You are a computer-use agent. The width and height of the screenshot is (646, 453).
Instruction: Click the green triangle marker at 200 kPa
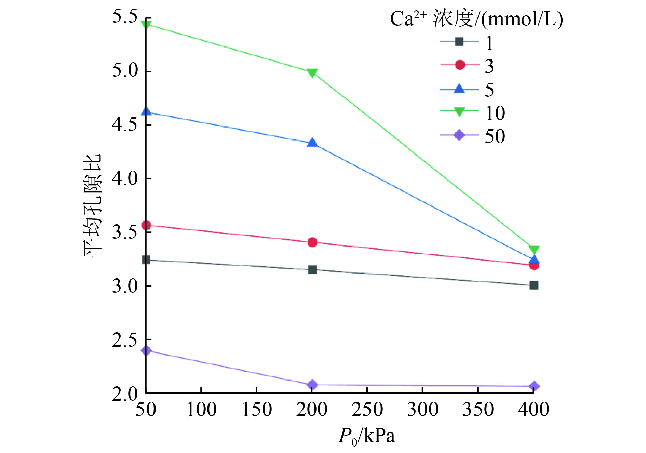pyautogui.click(x=312, y=73)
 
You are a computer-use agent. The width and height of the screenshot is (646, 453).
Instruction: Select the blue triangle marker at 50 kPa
pyautogui.click(x=146, y=111)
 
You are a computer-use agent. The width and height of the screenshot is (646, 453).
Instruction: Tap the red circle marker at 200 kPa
pyautogui.click(x=312, y=242)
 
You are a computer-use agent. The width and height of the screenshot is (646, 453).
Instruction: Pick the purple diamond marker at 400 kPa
pyautogui.click(x=534, y=386)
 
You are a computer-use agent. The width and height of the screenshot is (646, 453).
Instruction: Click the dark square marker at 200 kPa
pyautogui.click(x=312, y=269)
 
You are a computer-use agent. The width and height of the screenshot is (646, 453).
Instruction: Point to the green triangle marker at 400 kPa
pyautogui.click(x=534, y=250)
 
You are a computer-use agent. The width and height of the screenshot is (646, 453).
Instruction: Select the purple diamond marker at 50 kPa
pyautogui.click(x=146, y=350)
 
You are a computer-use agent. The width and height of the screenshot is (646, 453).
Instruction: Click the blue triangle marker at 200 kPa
pyautogui.click(x=312, y=143)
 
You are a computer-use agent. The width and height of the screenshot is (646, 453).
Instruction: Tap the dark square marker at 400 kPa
pyautogui.click(x=534, y=285)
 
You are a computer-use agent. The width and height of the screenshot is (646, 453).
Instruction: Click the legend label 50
pyautogui.click(x=495, y=136)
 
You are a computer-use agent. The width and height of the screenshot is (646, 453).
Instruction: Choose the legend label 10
pyautogui.click(x=495, y=113)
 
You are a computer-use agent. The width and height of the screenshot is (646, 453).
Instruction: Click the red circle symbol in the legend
pyautogui.click(x=460, y=65)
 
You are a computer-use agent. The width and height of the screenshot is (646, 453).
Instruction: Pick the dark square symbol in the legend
pyautogui.click(x=459, y=42)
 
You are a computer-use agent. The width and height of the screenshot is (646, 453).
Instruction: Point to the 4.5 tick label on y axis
pyautogui.click(x=125, y=124)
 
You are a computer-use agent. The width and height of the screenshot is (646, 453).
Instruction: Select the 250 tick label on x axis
pyautogui.click(x=367, y=409)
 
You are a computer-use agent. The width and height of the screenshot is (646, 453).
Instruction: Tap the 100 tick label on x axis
pyautogui.click(x=201, y=409)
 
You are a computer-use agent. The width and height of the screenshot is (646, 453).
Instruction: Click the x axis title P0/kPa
pyautogui.click(x=367, y=436)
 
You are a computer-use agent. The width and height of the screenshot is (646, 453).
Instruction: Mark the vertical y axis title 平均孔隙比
pyautogui.click(x=93, y=206)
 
